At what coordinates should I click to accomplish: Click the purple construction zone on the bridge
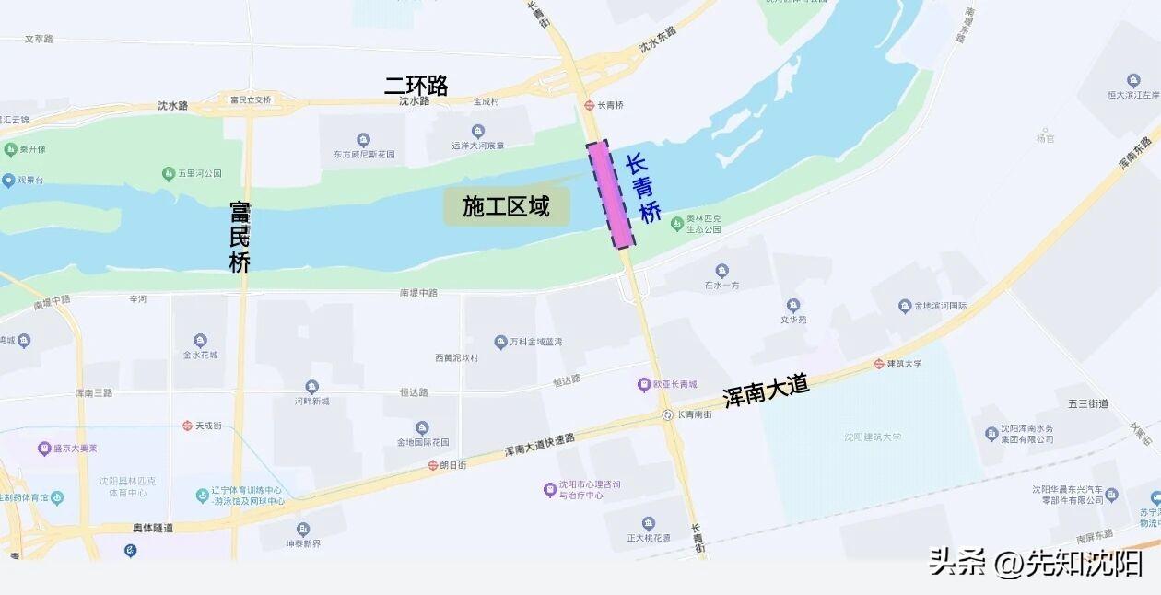[x=610, y=194]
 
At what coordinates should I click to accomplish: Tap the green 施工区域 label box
[x=506, y=207]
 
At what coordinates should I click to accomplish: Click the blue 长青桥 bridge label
[x=643, y=189]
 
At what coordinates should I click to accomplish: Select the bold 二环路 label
[x=416, y=86]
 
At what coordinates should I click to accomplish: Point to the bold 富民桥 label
[x=240, y=237]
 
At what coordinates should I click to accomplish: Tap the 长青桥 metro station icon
[x=589, y=106]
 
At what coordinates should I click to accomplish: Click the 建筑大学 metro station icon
[x=879, y=364]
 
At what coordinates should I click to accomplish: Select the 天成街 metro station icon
[x=187, y=426]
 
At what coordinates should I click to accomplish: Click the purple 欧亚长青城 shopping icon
[x=644, y=385]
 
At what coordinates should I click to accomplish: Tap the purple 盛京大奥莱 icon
[x=43, y=449]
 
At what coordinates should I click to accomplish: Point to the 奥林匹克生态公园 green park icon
[x=677, y=223]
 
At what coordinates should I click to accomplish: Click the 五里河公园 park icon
[x=169, y=173]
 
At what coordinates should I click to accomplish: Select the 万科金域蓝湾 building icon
[x=500, y=342]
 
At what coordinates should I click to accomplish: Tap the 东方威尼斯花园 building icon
[x=364, y=140]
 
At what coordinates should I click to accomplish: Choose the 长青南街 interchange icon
[x=667, y=415]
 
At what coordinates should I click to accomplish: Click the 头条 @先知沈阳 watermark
[x=1036, y=561]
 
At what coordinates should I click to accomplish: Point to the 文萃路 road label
[x=39, y=39]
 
